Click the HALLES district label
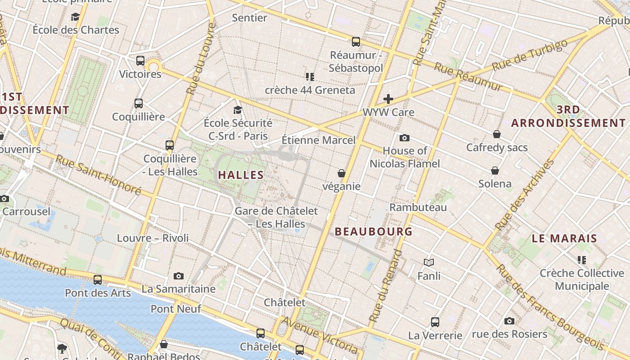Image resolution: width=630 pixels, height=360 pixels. (241, 175)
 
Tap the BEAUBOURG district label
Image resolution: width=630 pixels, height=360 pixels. (373, 232)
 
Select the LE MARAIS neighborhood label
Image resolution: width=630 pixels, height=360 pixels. (564, 238)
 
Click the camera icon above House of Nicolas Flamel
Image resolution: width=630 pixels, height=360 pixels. (404, 138)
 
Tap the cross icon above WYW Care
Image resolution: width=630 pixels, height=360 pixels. (388, 99)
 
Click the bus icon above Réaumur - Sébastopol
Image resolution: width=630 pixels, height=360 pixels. (356, 42)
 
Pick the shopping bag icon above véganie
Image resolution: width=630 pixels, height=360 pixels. (342, 173)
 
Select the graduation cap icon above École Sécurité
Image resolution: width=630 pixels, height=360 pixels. (238, 110)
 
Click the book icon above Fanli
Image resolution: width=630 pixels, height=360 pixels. (429, 262)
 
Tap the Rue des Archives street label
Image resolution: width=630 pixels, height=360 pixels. (524, 194)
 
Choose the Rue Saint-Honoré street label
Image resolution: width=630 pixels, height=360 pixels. (98, 175)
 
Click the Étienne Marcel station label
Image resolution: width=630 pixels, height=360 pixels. (319, 140)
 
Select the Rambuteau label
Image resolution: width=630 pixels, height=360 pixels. (418, 207)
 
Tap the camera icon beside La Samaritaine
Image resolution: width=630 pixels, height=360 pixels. (179, 276)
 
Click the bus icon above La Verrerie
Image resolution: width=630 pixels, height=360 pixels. (435, 322)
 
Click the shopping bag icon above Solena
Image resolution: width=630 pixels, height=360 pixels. (495, 171)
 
